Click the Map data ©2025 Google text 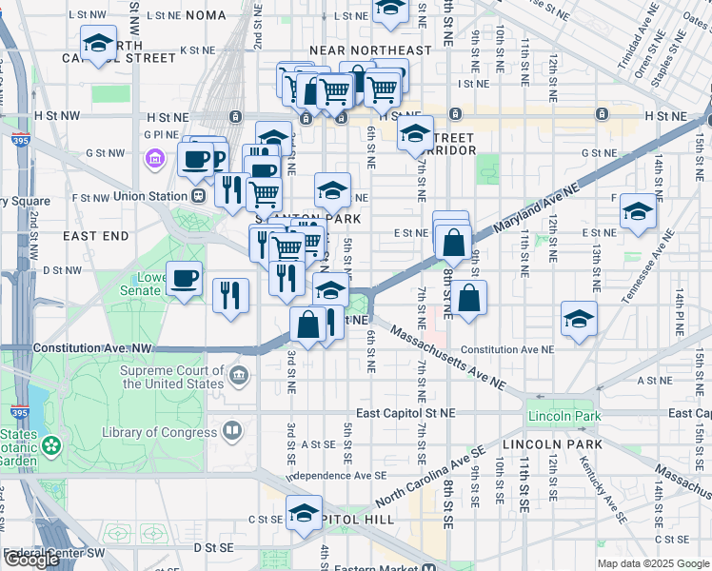pyautogui.click(x=652, y=563)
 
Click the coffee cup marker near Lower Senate pyautogui.click(x=185, y=278)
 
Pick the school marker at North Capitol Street pyautogui.click(x=99, y=44)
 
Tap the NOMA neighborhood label pyautogui.click(x=207, y=15)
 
